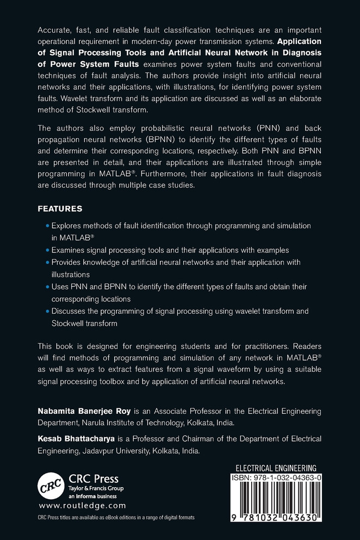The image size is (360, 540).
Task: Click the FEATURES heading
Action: coord(60,208)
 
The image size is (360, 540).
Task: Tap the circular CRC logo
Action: coord(50,483)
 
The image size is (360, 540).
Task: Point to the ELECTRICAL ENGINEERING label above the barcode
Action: coord(275,468)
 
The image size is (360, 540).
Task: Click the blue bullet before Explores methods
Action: coord(47,225)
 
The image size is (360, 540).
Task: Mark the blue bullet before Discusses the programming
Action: coord(47,312)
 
